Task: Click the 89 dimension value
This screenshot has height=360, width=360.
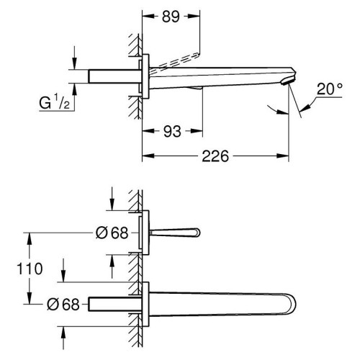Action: [171, 17]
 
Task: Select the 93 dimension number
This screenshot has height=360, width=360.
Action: [172, 131]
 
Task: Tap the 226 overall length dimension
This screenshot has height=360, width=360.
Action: [215, 156]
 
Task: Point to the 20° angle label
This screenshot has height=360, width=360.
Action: [329, 89]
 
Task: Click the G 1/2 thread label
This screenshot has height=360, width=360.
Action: [55, 102]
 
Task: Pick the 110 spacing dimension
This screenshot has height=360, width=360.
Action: [30, 269]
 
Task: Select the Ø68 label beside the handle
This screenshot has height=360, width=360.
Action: [112, 233]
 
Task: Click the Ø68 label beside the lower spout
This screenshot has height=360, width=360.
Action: [63, 305]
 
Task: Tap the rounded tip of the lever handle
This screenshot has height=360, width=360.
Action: [197, 233]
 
